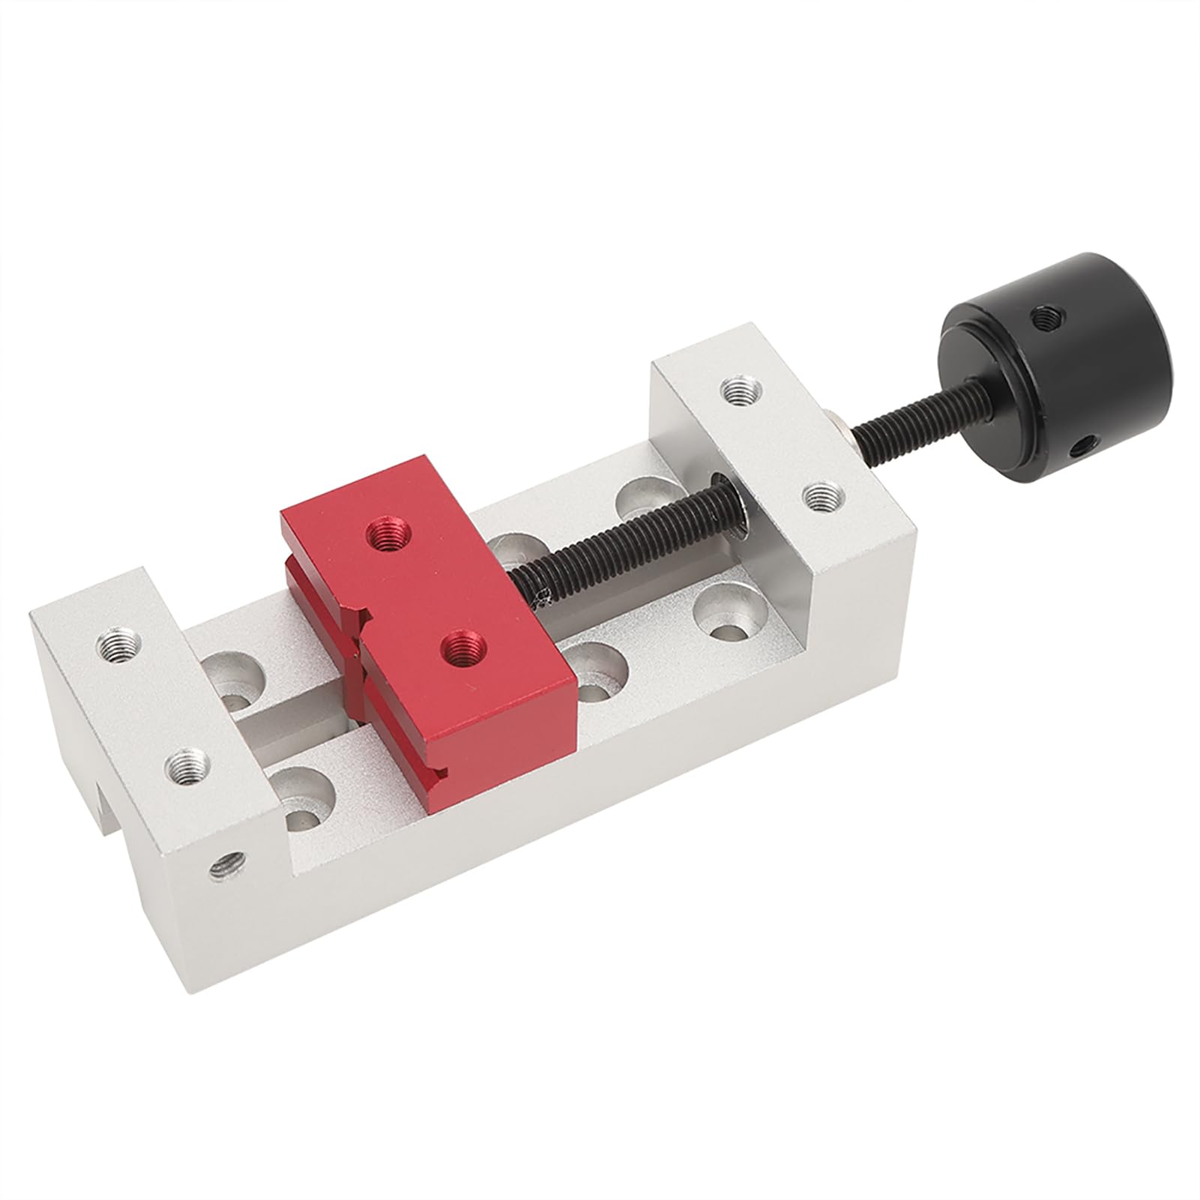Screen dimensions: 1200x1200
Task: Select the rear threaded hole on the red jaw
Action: click(387, 534)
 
